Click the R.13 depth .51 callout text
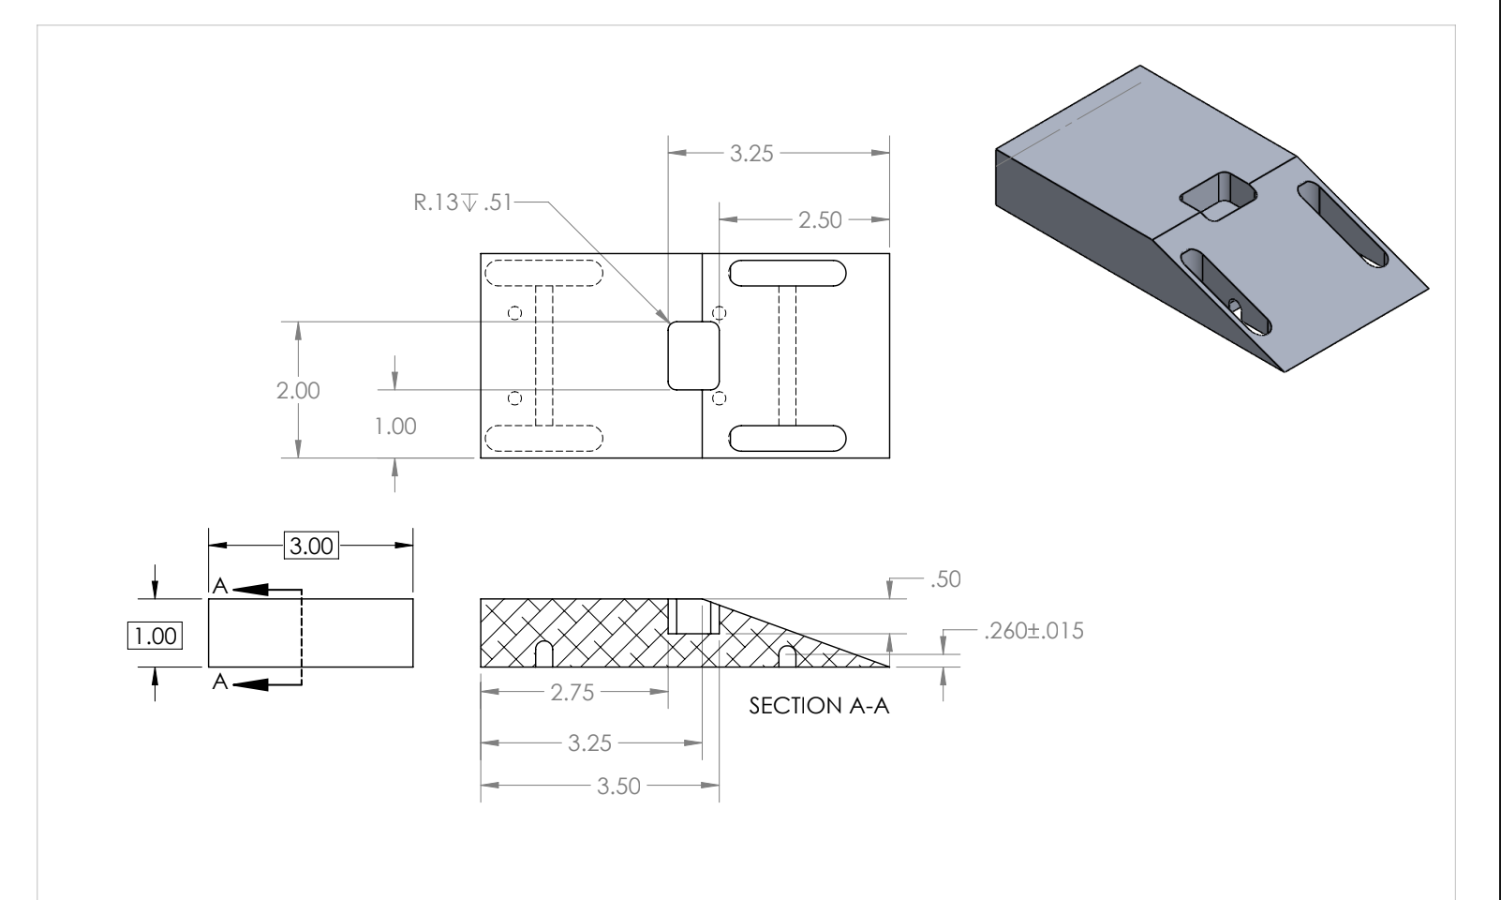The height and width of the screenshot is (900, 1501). tap(464, 202)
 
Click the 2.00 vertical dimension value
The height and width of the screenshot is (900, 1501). tap(298, 391)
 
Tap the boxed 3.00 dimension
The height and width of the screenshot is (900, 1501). tap(310, 546)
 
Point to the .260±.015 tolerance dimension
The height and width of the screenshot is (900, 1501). tap(1033, 631)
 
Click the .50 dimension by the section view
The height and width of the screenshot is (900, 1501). tap(946, 579)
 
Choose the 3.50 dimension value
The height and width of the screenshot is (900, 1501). tap(619, 786)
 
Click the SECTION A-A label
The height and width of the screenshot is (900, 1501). tap(819, 706)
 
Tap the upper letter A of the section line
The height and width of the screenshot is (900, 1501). tap(218, 586)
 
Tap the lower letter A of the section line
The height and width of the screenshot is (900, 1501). tap(218, 682)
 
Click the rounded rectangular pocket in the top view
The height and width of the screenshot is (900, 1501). tap(693, 355)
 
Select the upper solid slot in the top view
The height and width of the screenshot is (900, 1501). tap(787, 274)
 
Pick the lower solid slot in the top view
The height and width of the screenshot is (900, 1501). tap(787, 438)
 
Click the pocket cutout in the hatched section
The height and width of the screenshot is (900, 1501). tap(694, 617)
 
